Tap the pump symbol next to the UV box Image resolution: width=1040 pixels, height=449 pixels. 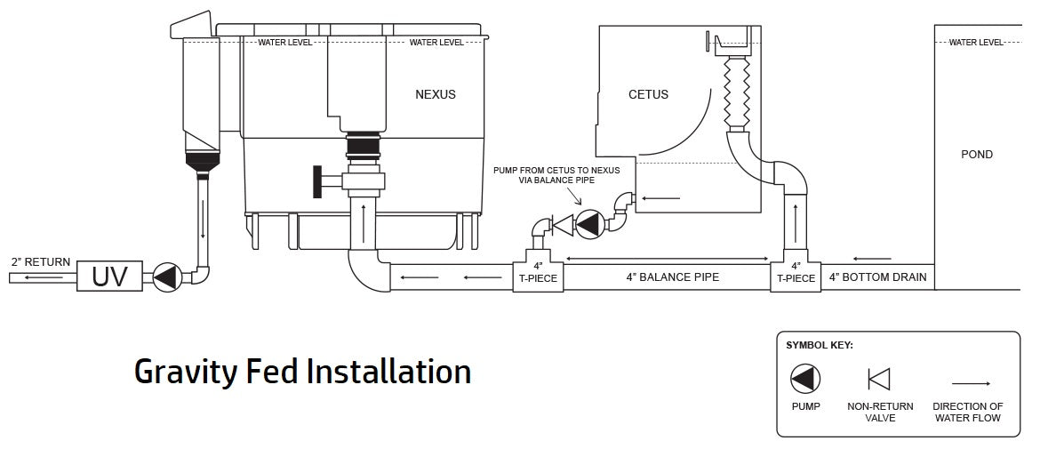[x=166, y=277]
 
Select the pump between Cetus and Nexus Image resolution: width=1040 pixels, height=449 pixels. [x=588, y=224]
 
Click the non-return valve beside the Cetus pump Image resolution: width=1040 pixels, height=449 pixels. [x=561, y=225]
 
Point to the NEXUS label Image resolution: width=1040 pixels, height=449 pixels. [x=436, y=94]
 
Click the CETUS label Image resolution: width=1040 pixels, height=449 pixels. [x=648, y=94]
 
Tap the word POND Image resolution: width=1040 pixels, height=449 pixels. [x=977, y=155]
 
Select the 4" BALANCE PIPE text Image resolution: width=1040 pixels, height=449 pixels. [x=672, y=277]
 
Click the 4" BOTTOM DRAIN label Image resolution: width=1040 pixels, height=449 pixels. [x=878, y=277]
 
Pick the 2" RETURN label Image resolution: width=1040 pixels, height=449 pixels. [x=41, y=262]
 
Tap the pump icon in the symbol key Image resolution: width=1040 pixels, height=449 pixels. [x=805, y=380]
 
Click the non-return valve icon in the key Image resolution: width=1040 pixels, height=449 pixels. [x=879, y=380]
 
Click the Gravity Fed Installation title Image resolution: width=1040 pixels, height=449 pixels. [x=302, y=371]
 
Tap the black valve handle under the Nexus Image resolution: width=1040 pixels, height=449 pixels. [x=318, y=181]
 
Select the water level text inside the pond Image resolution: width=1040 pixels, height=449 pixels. [x=976, y=42]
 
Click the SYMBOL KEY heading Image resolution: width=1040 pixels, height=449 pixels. [x=820, y=345]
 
